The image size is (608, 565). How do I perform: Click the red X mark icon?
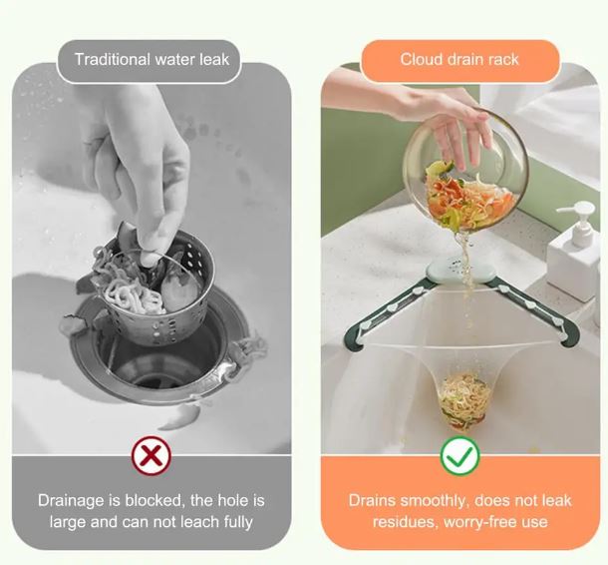coord(152,455)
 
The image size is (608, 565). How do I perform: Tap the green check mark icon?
coord(459,456)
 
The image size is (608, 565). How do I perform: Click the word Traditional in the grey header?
coord(113,60)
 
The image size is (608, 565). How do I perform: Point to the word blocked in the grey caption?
coord(153,500)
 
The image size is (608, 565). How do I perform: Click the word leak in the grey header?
coord(214,60)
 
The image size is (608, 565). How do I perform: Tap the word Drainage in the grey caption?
coord(72,500)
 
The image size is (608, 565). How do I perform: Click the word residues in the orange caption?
coord(406,522)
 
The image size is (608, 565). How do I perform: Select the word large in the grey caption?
coord(68,522)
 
